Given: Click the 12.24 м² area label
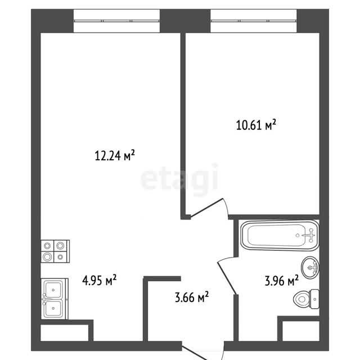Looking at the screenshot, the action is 115,155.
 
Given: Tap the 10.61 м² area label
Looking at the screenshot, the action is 256,125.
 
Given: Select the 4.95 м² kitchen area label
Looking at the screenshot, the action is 100,280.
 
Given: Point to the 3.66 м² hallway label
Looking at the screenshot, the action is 192,297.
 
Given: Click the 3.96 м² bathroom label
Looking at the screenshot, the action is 282,280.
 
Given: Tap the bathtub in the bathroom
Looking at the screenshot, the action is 280,235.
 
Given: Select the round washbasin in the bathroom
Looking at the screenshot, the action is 310,267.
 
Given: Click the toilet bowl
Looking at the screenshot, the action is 301,299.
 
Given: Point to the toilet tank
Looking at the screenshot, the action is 314,299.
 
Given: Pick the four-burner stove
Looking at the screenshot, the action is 55,251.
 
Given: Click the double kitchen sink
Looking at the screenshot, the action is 55,299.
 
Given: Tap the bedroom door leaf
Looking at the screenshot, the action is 206,208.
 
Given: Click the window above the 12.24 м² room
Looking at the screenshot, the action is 116,21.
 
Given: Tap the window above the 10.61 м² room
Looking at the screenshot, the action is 254,21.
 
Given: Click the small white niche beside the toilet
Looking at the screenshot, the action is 301,331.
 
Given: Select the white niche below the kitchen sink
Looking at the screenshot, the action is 65,332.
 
